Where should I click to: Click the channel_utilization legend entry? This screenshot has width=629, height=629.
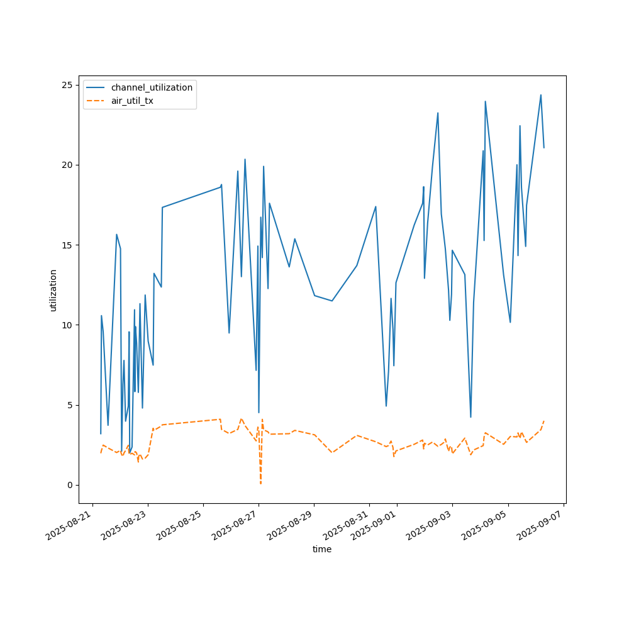click(152, 87)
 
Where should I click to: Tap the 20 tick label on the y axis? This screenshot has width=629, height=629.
click(70, 165)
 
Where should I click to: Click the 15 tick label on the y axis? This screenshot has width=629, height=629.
click(70, 245)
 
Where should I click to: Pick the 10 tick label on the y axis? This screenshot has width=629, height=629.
click(70, 325)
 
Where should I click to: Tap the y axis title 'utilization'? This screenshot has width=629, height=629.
click(53, 290)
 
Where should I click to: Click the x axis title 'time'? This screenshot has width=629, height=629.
click(322, 549)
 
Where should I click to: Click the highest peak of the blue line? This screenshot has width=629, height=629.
click(541, 95)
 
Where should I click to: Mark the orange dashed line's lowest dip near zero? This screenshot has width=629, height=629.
click(260, 483)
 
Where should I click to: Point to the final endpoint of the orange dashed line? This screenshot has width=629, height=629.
click(544, 421)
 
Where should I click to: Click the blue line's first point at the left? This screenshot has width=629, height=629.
click(101, 433)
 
